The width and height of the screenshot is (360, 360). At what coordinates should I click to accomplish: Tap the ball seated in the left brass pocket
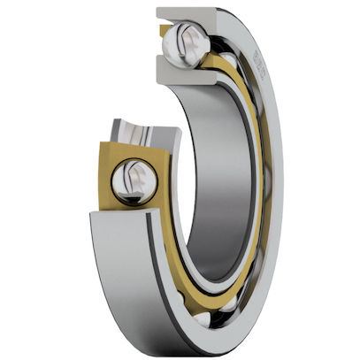[134, 181]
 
